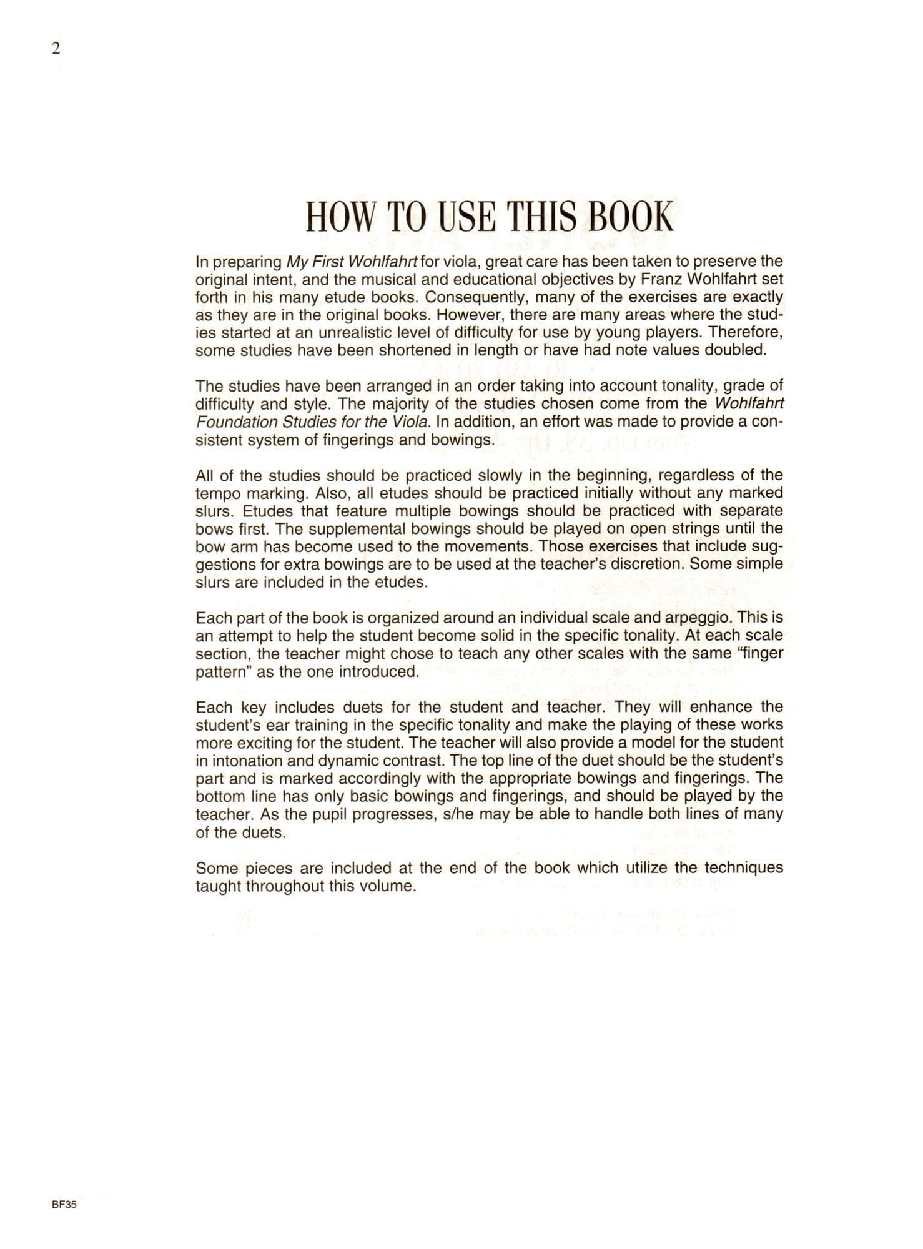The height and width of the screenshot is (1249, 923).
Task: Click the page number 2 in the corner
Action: [56, 49]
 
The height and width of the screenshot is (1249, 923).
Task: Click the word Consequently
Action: [477, 297]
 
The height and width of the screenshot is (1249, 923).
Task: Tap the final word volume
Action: [387, 886]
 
